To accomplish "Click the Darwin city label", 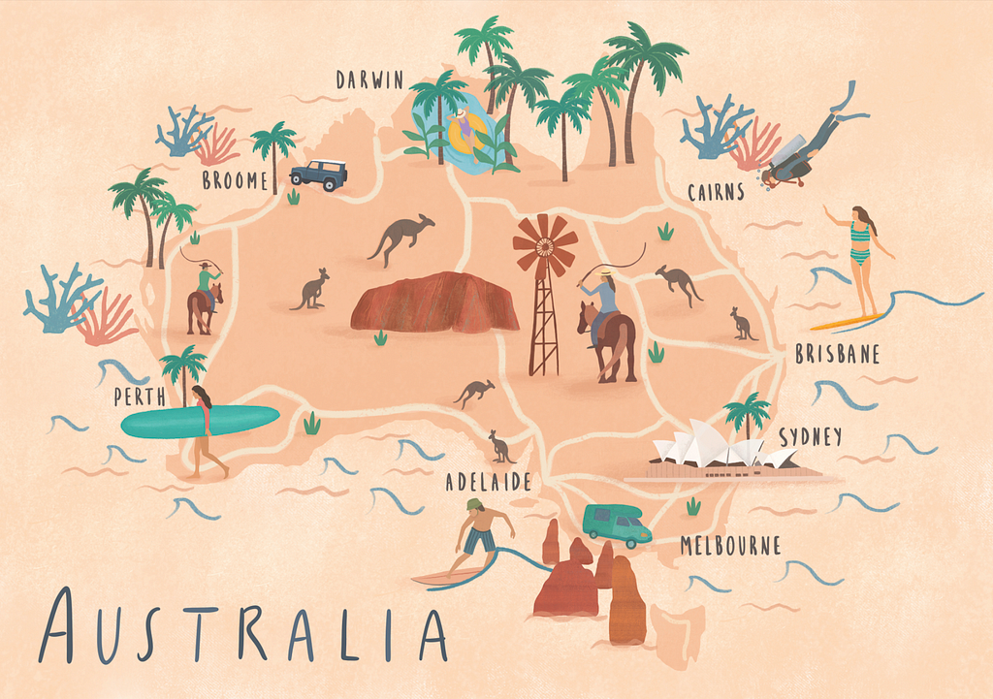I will [369, 79].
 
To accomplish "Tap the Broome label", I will [235, 180].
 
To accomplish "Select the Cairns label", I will [716, 192].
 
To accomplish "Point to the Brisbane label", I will [837, 355].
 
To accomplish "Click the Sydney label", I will [810, 437].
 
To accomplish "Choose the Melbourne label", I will [730, 546].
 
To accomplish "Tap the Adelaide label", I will [488, 482].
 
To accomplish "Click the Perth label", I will [139, 397].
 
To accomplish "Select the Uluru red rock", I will [435, 302].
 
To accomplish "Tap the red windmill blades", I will [544, 245].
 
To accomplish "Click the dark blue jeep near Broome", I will [318, 174].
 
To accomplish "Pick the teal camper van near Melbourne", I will [616, 524].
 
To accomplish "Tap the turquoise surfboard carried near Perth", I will [199, 421].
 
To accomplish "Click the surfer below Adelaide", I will [480, 536].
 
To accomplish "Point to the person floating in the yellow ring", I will [465, 131].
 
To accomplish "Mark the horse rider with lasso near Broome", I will [205, 296].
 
